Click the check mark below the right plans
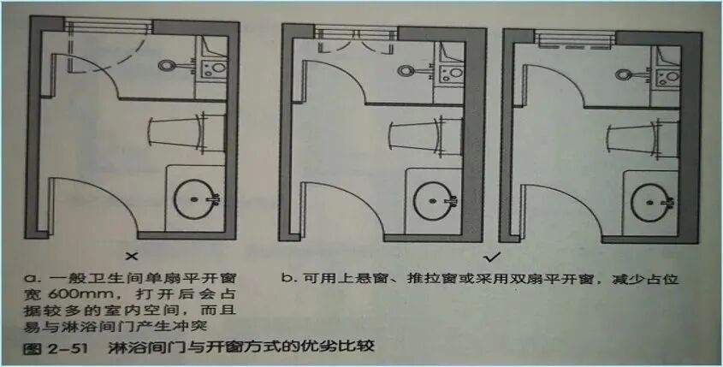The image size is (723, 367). pyautogui.click(x=491, y=255)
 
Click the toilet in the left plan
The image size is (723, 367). pyautogui.click(x=175, y=131)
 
